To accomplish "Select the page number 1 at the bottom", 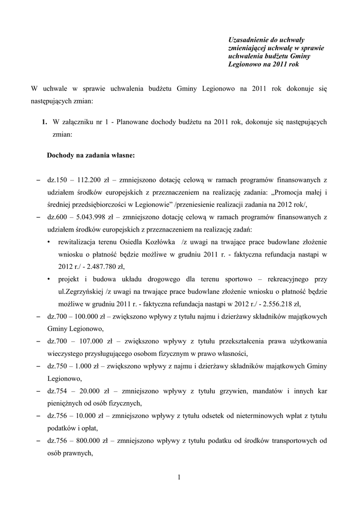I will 179,478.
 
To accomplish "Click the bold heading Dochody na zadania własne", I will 90,155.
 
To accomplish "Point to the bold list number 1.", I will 44,122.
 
